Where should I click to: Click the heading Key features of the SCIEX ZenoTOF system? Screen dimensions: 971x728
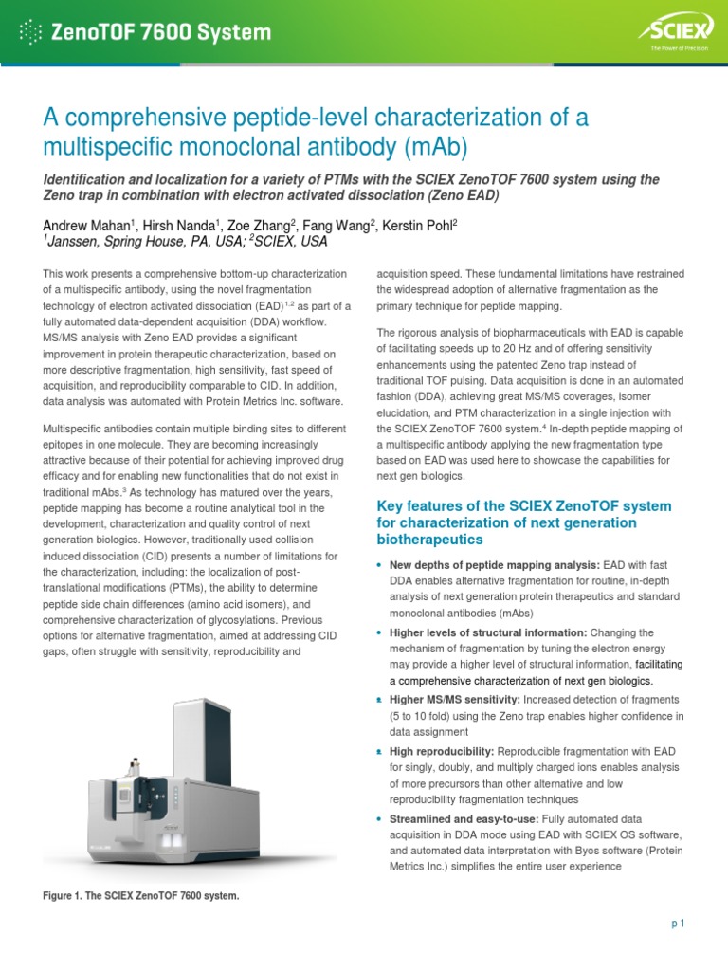click(x=524, y=505)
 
